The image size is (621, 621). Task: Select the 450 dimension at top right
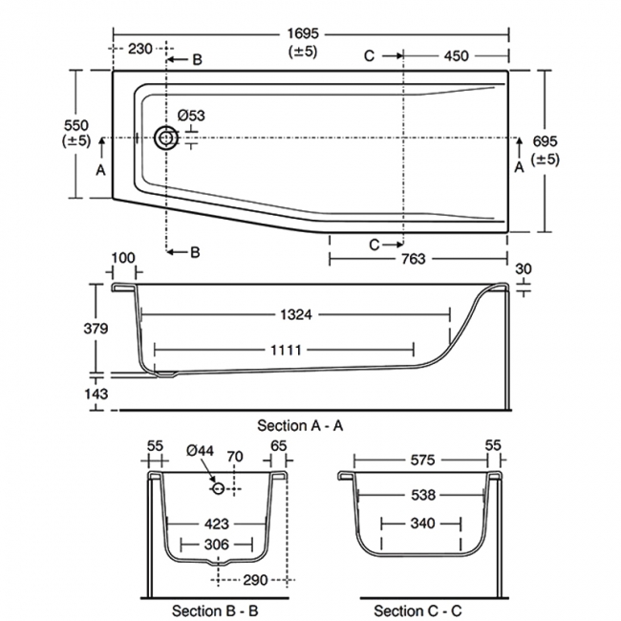pyautogui.click(x=456, y=55)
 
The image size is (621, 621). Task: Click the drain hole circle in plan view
pyautogui.click(x=167, y=139)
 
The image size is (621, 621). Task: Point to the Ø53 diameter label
pyautogui.click(x=191, y=116)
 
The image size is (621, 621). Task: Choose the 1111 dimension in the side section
pyautogui.click(x=284, y=351)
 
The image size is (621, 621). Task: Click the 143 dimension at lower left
pyautogui.click(x=96, y=393)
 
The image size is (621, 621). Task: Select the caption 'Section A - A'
pyautogui.click(x=300, y=424)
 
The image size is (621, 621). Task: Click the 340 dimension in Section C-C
pyautogui.click(x=421, y=523)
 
